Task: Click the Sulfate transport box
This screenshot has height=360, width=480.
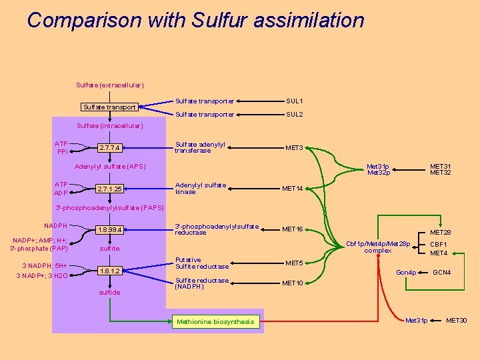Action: click(x=109, y=107)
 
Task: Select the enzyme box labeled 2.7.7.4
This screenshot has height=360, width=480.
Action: click(x=109, y=148)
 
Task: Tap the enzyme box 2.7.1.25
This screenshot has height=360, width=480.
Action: click(x=109, y=189)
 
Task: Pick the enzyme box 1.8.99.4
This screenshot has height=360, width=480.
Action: click(x=109, y=230)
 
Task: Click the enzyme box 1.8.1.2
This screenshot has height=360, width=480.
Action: click(x=109, y=271)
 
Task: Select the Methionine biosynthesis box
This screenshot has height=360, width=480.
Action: click(x=216, y=322)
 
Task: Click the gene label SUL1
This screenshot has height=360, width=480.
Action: click(x=295, y=101)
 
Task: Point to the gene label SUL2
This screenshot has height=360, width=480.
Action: click(x=295, y=115)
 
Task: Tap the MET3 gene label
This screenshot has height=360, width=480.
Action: click(x=294, y=148)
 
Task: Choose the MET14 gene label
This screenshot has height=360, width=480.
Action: click(x=293, y=189)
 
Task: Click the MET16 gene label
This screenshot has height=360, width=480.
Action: click(x=293, y=229)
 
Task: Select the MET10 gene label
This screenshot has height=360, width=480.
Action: click(x=293, y=283)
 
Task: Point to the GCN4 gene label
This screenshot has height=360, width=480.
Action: click(x=442, y=273)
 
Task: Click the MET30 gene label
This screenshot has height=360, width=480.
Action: click(x=457, y=321)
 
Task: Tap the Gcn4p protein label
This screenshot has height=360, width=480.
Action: click(x=406, y=273)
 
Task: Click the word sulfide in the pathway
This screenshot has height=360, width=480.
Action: click(x=109, y=293)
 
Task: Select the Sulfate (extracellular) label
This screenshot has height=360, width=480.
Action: click(x=110, y=85)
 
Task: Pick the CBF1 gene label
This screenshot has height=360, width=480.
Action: click(x=439, y=245)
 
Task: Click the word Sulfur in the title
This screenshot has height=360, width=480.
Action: click(x=219, y=20)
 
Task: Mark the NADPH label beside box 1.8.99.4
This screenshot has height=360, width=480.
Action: click(x=55, y=226)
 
